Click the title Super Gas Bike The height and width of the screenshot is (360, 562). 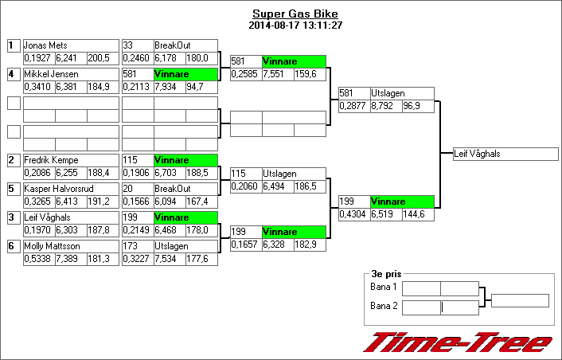point(295,14)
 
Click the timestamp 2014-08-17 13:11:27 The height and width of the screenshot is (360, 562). point(295,25)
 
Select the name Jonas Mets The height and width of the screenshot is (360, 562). point(44,45)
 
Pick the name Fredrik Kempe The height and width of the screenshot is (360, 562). point(50,160)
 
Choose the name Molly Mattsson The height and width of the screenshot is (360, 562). point(52,246)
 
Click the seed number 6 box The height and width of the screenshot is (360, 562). point(13,246)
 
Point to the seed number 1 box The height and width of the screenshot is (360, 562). point(13,45)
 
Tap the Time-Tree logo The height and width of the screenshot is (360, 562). point(457,342)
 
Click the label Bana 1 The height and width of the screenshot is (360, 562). point(384,288)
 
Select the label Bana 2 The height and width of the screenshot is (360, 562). point(384,305)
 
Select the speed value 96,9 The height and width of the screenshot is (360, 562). point(417,106)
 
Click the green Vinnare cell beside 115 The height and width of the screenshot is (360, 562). point(185,160)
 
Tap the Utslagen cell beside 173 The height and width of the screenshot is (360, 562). point(185,246)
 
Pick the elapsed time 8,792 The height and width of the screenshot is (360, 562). point(385,106)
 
